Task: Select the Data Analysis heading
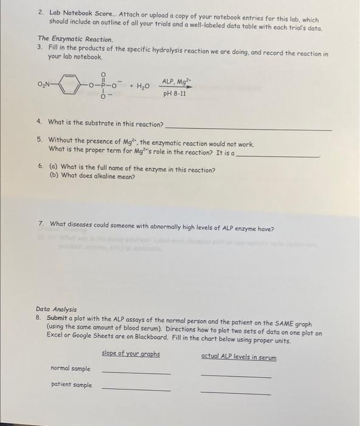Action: click(57, 309)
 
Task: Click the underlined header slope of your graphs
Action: click(131, 354)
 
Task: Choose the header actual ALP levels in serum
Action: click(238, 357)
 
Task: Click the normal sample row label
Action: click(71, 368)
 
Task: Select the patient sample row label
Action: click(72, 384)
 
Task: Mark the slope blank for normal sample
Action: click(136, 373)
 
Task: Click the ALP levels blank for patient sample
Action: click(236, 393)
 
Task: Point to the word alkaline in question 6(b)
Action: click(108, 176)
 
